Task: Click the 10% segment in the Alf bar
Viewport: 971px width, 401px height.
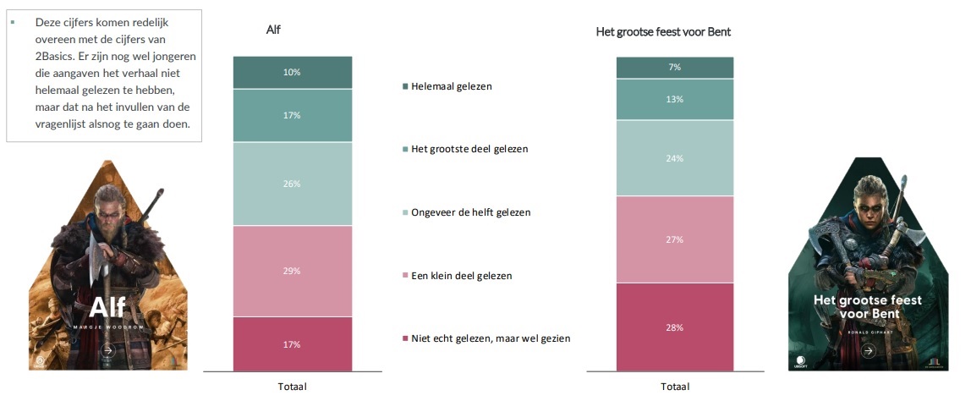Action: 292,73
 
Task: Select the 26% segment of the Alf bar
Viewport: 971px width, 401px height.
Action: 292,184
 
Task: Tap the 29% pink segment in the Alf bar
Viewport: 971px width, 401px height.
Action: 292,271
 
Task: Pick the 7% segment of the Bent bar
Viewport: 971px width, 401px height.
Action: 674,68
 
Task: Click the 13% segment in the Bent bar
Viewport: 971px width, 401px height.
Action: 674,100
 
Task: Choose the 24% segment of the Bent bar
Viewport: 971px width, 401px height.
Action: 674,158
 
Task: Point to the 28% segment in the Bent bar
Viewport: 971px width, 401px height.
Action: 674,327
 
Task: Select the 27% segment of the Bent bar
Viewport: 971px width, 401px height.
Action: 674,239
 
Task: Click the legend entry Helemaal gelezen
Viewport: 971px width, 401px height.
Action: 451,86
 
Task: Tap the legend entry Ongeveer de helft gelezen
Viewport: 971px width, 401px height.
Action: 470,212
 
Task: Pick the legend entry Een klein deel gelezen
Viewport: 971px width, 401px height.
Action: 461,276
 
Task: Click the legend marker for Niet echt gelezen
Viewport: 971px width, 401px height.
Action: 405,339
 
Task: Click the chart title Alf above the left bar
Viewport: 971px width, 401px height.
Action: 273,30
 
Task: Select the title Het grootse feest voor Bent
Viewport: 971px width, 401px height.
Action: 663,32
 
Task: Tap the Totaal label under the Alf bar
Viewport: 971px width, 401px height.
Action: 292,387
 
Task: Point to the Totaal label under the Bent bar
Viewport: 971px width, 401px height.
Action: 674,387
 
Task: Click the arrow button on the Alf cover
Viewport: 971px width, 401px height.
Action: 107,349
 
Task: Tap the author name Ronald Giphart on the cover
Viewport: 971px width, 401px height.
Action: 866,332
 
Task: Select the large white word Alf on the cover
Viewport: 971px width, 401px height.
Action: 107,305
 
